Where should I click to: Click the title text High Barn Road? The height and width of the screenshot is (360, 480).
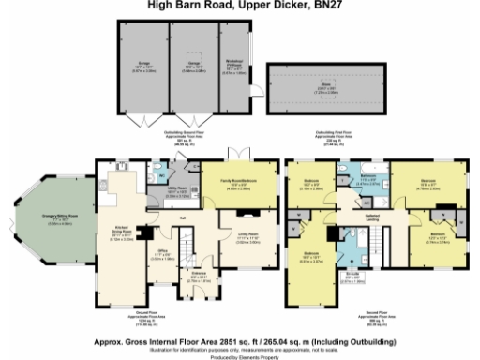click(239, 4)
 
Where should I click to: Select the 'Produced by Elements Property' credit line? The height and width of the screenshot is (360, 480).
click(240, 356)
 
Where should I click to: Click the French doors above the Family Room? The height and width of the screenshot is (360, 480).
click(242, 153)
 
